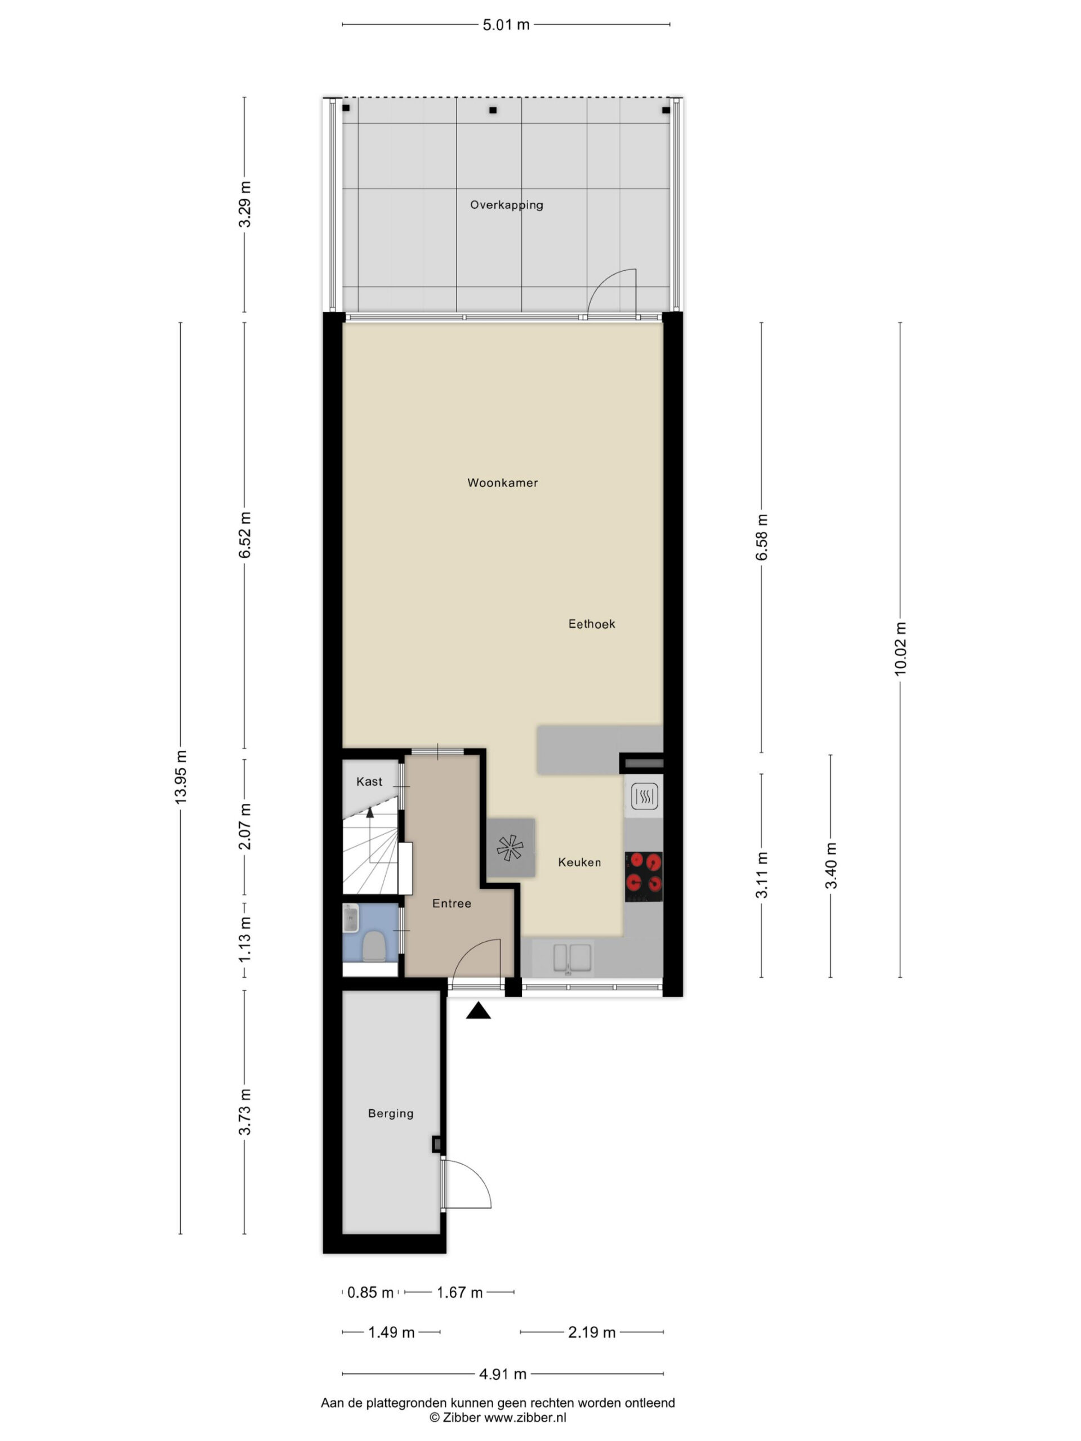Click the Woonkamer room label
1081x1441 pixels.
[x=502, y=483]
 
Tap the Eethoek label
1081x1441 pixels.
[x=592, y=624]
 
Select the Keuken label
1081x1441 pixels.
[x=579, y=862]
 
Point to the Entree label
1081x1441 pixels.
[x=452, y=903]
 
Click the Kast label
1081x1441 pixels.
[x=369, y=782]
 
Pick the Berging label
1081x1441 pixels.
[x=391, y=1113]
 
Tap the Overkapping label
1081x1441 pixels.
[x=506, y=205]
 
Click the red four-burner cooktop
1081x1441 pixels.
[x=644, y=877]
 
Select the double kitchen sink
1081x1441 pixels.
[x=573, y=958]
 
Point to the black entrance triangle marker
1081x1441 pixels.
[x=478, y=1010]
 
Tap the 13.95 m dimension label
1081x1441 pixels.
[x=181, y=777]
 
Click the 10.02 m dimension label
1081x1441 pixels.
[x=900, y=649]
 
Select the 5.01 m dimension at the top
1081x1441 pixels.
[x=506, y=25]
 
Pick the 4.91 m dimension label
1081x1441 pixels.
[x=503, y=1374]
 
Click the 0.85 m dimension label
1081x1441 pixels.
[x=370, y=1292]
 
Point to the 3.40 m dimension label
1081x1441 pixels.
[x=831, y=866]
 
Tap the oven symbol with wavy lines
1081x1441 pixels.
[x=644, y=796]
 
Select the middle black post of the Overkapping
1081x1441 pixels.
[x=493, y=110]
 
